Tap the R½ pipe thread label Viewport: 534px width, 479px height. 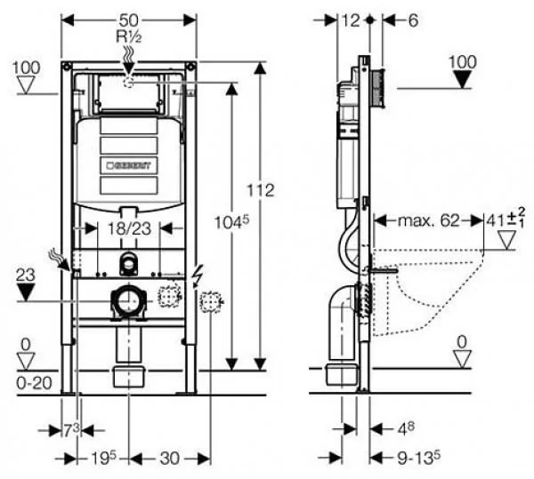(129, 36)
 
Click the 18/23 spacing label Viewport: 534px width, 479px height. (129, 228)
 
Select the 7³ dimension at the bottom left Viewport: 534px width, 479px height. (70, 430)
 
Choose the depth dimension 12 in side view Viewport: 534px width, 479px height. (349, 20)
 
